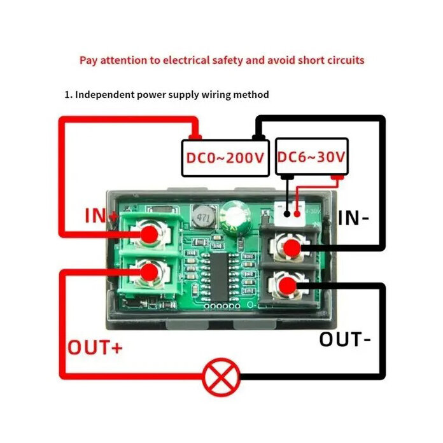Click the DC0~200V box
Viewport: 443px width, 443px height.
tap(225, 157)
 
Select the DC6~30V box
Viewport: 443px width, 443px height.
tap(312, 157)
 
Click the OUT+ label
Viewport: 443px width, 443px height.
tap(95, 348)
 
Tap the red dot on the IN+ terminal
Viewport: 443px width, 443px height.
tap(150, 235)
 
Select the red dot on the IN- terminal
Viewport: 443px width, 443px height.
tap(292, 248)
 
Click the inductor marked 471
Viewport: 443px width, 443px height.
tap(202, 218)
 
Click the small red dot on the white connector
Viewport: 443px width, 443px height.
tap(297, 214)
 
